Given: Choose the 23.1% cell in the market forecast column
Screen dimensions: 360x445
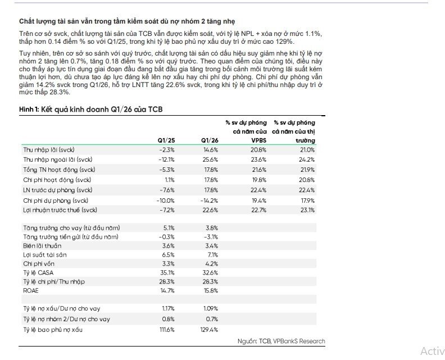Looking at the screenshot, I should [307, 210].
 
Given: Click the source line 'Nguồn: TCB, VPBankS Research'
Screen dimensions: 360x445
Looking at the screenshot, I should [281, 341].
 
